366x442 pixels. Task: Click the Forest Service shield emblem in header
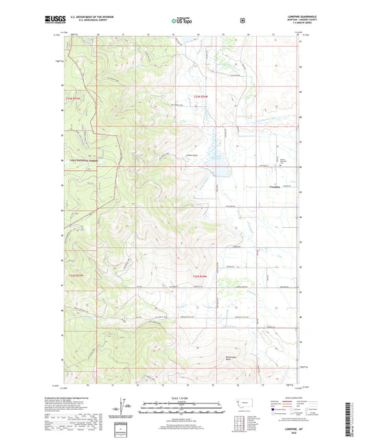pos(242,21)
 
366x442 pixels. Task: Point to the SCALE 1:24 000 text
pos(182,398)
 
